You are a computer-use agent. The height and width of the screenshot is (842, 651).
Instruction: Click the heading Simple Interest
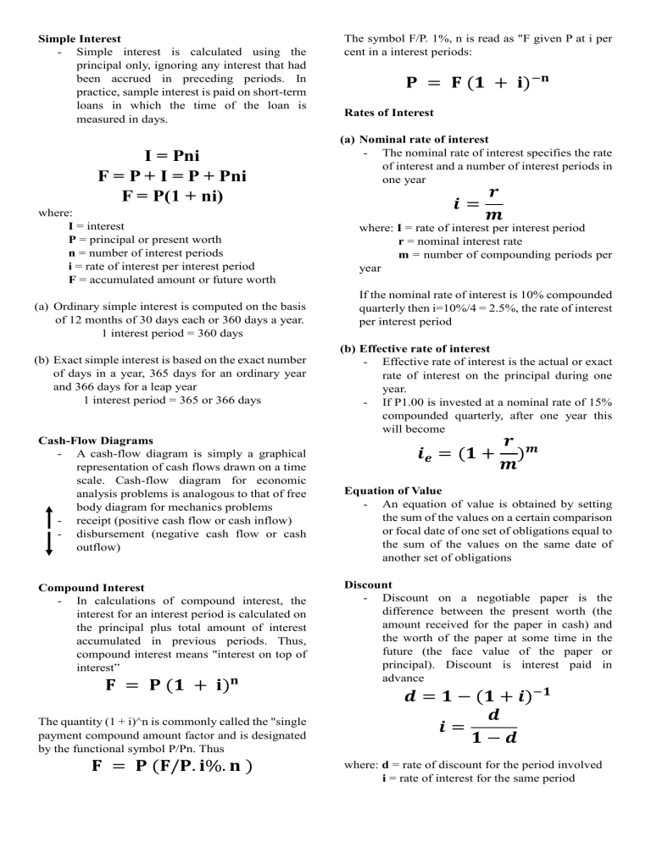80,39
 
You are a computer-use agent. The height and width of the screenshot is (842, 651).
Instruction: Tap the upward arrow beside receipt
49,519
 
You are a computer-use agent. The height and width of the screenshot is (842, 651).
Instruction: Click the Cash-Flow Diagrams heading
96,440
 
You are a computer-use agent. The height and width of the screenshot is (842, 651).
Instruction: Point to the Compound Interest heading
92,587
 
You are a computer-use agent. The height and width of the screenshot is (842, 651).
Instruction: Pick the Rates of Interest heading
388,113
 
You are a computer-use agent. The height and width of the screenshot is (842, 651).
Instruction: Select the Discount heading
368,585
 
